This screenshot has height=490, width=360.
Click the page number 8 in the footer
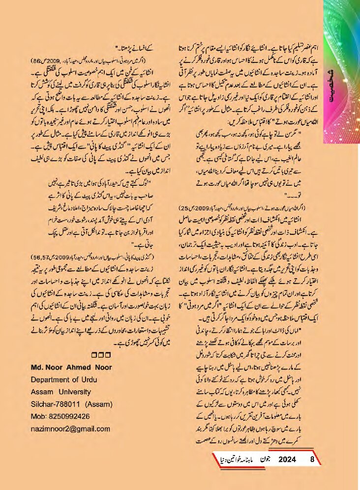[312, 460]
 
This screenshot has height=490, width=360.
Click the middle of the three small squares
[100, 355]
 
